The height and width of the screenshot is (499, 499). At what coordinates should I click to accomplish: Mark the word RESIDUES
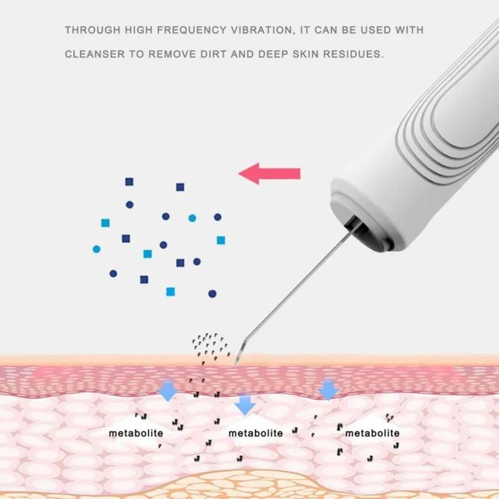tap(360, 54)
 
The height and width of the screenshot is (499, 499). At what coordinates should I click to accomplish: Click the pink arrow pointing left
tap(269, 173)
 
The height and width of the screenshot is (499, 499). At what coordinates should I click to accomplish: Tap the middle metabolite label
tap(255, 432)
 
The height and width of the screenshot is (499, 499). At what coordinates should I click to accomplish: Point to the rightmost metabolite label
tap(372, 432)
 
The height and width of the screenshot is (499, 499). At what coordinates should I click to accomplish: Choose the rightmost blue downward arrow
tap(328, 390)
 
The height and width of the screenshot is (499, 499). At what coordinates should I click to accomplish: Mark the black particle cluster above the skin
tap(210, 343)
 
